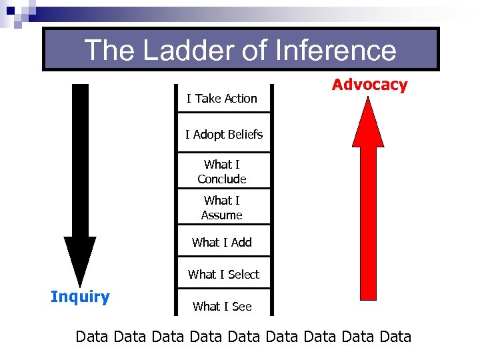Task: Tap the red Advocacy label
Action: tap(369, 85)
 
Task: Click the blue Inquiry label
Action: tap(80, 297)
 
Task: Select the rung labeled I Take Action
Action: tap(222, 99)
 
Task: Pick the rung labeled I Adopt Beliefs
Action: tap(224, 135)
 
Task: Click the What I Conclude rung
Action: tap(222, 171)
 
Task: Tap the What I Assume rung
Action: tap(222, 207)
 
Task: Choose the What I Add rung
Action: tap(222, 243)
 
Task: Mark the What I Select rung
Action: tap(223, 274)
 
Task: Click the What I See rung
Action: tap(222, 307)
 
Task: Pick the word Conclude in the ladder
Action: tap(222, 179)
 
